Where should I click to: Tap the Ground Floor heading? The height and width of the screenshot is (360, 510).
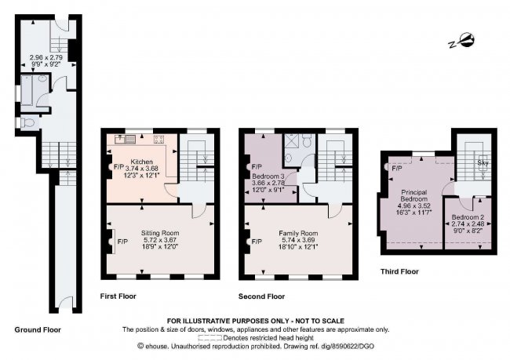[38, 329]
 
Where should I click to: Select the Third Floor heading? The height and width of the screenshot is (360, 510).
[399, 271]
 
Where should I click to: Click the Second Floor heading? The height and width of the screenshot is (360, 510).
[261, 296]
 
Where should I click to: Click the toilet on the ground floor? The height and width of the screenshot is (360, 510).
[29, 122]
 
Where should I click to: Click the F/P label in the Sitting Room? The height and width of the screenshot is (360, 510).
[122, 242]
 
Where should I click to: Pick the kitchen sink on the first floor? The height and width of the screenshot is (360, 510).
[126, 140]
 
